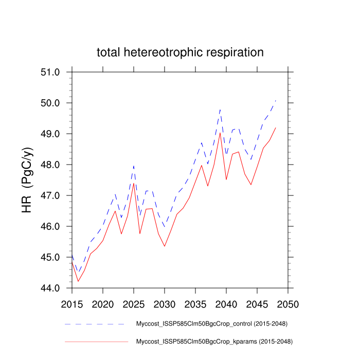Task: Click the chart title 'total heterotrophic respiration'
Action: tap(180, 52)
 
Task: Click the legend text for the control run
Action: tap(211, 324)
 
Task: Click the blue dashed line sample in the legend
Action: tap(96, 325)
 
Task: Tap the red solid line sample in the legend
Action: tap(96, 341)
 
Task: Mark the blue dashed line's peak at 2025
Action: tap(134, 166)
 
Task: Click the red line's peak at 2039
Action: tap(220, 133)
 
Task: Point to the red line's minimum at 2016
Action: tap(78, 281)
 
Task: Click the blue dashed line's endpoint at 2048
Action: tap(276, 101)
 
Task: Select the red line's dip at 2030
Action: tap(165, 246)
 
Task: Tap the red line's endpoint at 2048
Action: tap(276, 128)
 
